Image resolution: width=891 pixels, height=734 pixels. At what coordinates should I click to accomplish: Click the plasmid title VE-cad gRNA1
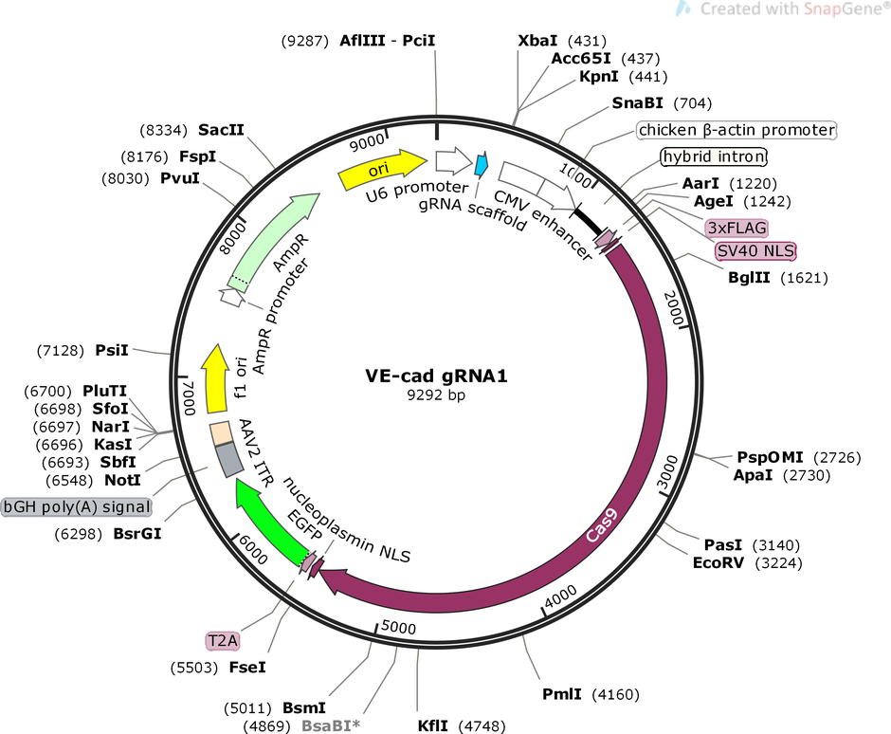[437, 376]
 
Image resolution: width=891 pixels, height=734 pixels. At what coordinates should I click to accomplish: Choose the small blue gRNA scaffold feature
[482, 165]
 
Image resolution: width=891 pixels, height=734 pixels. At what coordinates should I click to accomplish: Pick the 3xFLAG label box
[736, 228]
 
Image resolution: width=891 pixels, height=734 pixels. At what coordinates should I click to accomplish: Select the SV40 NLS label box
[755, 251]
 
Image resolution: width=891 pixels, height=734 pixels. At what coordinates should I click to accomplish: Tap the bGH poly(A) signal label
[78, 506]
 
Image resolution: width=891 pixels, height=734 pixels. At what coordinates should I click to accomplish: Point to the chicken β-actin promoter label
[736, 129]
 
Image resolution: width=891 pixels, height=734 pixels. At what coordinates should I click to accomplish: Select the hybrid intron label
[713, 156]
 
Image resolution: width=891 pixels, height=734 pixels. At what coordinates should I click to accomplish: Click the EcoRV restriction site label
[719, 561]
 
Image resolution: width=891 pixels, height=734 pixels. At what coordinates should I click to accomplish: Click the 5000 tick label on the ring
[397, 627]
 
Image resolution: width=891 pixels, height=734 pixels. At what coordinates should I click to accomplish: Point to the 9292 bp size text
[437, 395]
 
